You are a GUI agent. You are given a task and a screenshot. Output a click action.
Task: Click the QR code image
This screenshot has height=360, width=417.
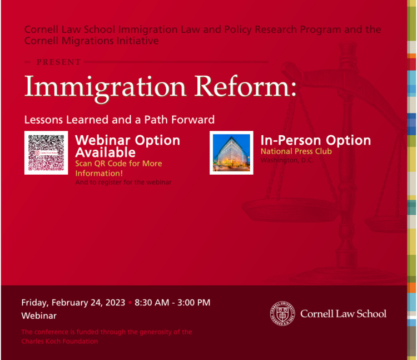point(46,152)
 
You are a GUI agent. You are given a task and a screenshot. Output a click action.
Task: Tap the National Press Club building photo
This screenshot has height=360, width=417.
point(231,152)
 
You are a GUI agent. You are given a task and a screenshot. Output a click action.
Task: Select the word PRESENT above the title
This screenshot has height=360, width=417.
point(58,62)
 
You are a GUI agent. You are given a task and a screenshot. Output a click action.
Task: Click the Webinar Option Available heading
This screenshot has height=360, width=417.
point(127,146)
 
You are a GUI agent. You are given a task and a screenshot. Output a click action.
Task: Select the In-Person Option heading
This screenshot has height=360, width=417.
point(315,140)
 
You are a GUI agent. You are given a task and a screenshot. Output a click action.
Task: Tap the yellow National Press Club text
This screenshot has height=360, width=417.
point(296,151)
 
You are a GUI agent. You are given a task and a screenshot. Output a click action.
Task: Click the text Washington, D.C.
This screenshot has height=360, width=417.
point(287,160)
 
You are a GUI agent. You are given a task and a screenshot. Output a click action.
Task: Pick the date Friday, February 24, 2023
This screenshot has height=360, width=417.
point(73,303)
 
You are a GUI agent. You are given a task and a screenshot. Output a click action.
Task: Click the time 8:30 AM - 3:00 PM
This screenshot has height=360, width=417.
point(172,303)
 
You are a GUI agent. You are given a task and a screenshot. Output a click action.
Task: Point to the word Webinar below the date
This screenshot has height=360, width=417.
point(39,315)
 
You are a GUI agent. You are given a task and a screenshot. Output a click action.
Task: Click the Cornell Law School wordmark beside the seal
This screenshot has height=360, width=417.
point(343,313)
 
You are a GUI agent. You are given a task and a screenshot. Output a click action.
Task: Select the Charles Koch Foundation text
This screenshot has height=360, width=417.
point(59,341)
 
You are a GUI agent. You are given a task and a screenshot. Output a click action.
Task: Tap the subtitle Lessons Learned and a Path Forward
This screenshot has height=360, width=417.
point(119,120)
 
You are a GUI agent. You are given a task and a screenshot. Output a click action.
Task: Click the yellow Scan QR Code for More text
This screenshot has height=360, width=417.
point(118,164)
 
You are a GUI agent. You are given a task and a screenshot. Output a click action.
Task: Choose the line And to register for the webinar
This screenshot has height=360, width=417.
point(123,182)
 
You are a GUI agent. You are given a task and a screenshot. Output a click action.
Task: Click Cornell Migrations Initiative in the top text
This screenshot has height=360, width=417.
point(92,41)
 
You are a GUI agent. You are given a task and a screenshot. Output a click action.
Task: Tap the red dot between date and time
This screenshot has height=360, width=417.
point(130,303)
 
